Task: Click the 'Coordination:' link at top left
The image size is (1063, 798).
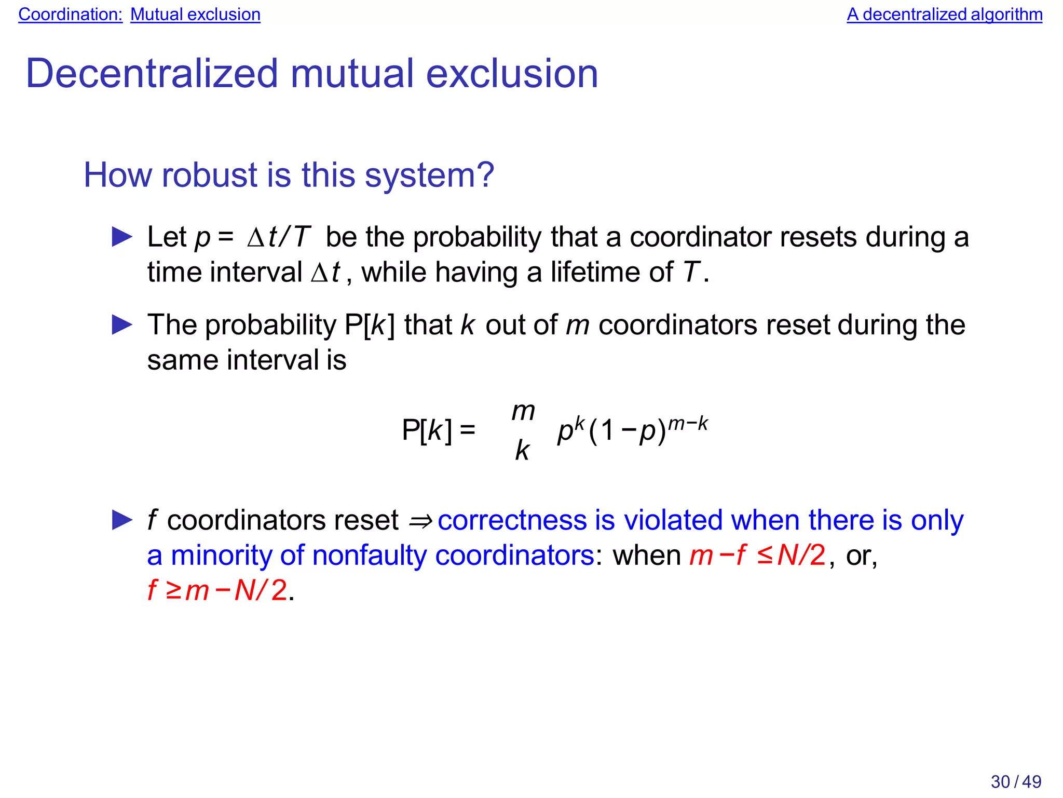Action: [x=70, y=15]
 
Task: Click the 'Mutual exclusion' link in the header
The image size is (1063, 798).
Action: [x=195, y=15]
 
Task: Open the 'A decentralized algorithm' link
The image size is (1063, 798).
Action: [x=944, y=15]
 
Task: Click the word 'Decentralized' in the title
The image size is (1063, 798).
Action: [x=152, y=74]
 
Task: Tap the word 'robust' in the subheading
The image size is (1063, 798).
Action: [x=210, y=175]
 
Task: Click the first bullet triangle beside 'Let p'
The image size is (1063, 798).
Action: [x=122, y=237]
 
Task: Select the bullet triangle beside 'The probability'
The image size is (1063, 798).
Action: [x=122, y=326]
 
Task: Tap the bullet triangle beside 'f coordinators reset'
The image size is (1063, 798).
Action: [x=122, y=520]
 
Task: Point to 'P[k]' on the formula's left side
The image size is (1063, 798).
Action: [x=427, y=430]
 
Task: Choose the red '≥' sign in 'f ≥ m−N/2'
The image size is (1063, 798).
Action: [x=173, y=591]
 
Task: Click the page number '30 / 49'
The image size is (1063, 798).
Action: [x=1016, y=781]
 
